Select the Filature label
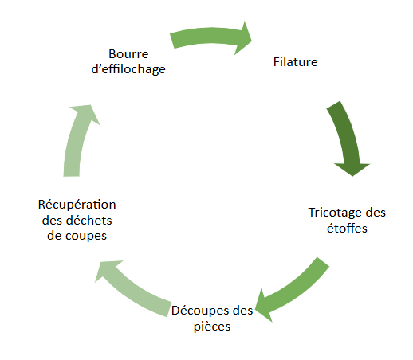coord(296,61)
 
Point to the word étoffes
coord(348,228)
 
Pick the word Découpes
coord(200,310)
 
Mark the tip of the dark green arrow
coord(351,174)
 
